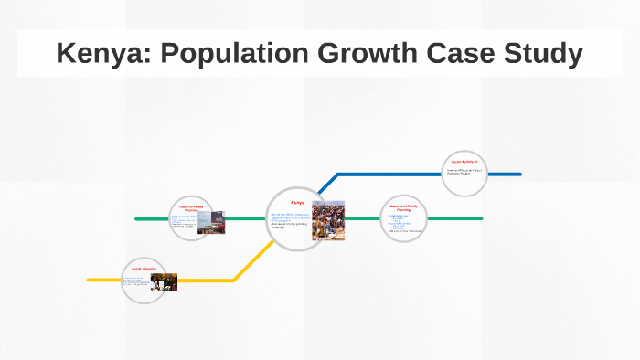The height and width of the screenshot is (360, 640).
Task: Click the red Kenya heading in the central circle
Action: tap(297, 202)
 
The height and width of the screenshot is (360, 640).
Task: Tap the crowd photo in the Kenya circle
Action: tap(328, 220)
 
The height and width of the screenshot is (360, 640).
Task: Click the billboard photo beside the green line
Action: tap(211, 223)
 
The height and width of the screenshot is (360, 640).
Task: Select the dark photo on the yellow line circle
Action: tap(164, 282)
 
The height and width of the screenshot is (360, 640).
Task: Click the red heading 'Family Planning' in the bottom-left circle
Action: tap(144, 269)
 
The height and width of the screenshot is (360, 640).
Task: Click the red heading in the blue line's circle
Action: tap(464, 161)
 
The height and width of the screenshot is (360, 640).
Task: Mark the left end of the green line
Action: tap(137, 218)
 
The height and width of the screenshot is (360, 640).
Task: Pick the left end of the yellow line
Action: tap(90, 280)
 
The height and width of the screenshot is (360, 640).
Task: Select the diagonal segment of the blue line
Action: tap(328, 184)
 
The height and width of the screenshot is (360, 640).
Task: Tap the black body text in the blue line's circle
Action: tap(464, 172)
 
